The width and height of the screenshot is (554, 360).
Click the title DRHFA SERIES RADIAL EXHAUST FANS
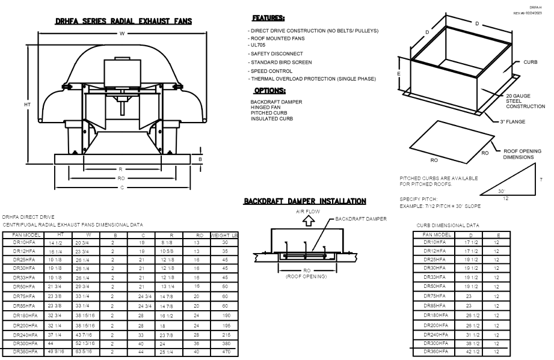pyautogui.click(x=123, y=21)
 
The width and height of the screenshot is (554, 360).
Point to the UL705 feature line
pyautogui.click(x=257, y=44)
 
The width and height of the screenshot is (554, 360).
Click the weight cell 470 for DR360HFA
pyautogui.click(x=224, y=348)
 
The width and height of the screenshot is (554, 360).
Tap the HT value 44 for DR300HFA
pyautogui.click(x=60, y=340)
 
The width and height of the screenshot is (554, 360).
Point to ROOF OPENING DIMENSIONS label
pyautogui.click(x=522, y=154)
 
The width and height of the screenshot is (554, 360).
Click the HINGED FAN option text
pyautogui.click(x=264, y=108)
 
